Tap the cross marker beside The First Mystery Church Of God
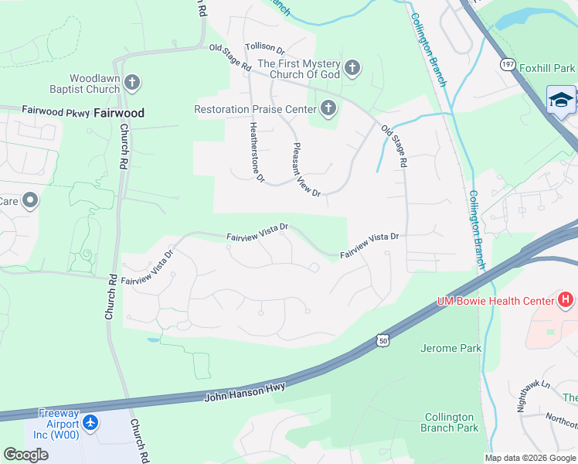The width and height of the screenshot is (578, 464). point(352,69)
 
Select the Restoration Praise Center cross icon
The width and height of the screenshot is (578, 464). point(329,109)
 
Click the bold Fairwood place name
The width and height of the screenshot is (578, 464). point(118,113)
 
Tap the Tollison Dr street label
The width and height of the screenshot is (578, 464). point(265,47)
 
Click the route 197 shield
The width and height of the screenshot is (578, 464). point(507,63)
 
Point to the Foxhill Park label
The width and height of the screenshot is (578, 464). point(547,69)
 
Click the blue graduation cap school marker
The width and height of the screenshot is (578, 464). point(561,99)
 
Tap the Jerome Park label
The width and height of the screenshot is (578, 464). point(450,348)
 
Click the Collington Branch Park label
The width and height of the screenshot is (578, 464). point(450,421)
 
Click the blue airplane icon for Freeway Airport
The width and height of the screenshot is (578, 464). point(91,423)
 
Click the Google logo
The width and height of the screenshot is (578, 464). point(26,455)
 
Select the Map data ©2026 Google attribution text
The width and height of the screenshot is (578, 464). point(529,458)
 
